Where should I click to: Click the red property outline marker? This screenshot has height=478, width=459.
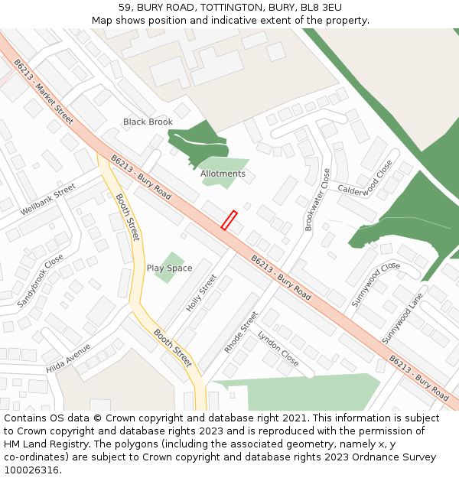click(x=229, y=220)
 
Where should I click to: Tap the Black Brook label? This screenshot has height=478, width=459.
click(x=148, y=122)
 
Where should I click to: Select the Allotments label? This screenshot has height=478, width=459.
click(x=223, y=174)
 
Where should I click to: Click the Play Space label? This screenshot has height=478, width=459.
click(x=169, y=268)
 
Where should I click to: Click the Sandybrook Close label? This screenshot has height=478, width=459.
click(x=41, y=281)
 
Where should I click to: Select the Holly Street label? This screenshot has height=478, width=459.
click(x=202, y=293)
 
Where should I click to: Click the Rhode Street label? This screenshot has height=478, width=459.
click(x=241, y=332)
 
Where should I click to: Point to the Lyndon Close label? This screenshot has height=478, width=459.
click(x=278, y=349)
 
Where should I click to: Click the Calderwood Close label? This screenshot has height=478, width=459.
click(x=364, y=178)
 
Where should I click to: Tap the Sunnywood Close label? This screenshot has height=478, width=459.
click(x=376, y=285)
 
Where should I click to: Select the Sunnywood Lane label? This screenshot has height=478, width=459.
click(x=402, y=317)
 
